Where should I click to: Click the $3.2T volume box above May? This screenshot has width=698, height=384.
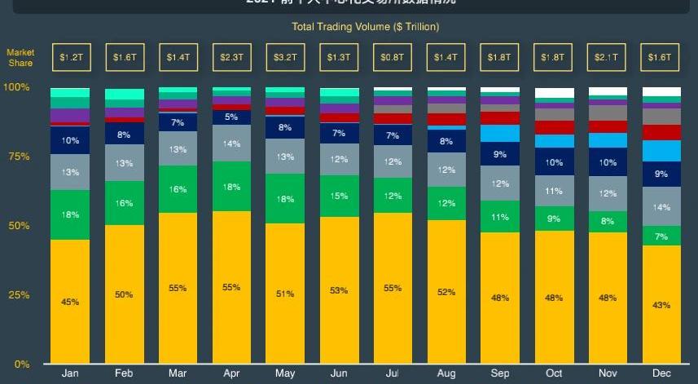tap(285, 58)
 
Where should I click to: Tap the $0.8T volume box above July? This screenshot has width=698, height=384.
tap(393, 58)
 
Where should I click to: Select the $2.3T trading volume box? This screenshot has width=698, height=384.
tap(231, 58)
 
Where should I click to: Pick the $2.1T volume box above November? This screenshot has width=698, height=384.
tap(608, 58)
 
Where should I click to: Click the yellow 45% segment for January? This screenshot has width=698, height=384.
tap(70, 302)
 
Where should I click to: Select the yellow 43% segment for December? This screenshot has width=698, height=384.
tap(661, 305)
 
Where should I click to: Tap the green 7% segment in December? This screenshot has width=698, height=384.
tap(661, 236)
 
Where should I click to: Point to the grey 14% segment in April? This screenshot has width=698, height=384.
tap(231, 143)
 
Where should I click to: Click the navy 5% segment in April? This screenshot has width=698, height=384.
tap(231, 117)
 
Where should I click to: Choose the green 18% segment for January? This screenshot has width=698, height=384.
tap(70, 214)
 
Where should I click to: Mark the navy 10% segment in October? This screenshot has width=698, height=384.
tap(554, 162)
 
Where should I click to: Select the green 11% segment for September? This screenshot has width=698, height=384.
tap(500, 217)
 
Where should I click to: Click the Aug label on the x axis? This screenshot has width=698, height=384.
tap(446, 373)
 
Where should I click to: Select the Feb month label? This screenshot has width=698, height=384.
tap(124, 373)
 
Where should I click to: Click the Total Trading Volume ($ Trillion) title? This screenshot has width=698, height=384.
tap(366, 27)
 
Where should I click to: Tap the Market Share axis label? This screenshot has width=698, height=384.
tap(21, 58)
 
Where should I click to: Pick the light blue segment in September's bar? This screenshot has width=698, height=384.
tap(500, 133)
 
